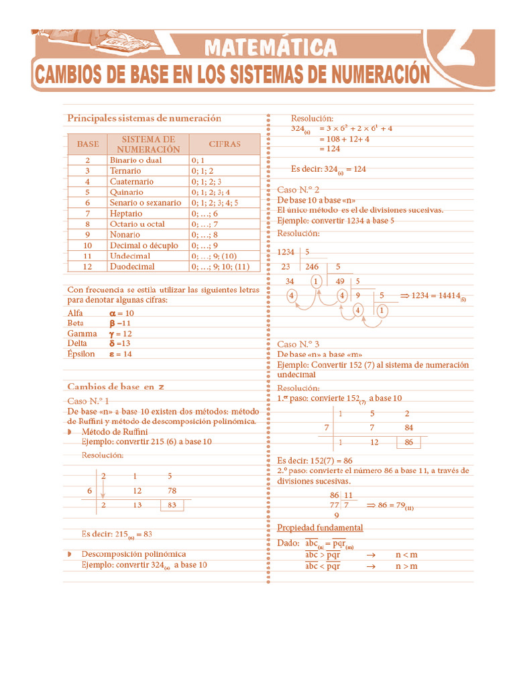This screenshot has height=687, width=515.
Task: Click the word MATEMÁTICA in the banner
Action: (x=270, y=48)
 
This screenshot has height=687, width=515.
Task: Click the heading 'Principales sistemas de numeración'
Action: (x=144, y=118)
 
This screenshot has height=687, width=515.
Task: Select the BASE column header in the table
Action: (x=88, y=144)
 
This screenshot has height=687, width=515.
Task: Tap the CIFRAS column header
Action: (x=225, y=144)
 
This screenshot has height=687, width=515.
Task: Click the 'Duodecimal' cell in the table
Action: (x=132, y=266)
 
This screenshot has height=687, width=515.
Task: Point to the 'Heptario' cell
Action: (x=126, y=213)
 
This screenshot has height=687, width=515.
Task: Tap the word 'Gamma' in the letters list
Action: (x=82, y=333)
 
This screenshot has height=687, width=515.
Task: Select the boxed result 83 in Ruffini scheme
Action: (x=172, y=505)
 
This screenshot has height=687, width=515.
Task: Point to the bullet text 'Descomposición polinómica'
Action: (x=133, y=554)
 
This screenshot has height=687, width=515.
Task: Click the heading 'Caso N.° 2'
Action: (x=298, y=190)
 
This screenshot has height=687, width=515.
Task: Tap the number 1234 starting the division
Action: (x=286, y=252)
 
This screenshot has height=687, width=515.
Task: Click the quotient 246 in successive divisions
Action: (x=310, y=266)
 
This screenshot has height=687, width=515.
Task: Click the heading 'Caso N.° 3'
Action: (x=298, y=343)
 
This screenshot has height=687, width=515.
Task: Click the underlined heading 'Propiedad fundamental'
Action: (x=320, y=528)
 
